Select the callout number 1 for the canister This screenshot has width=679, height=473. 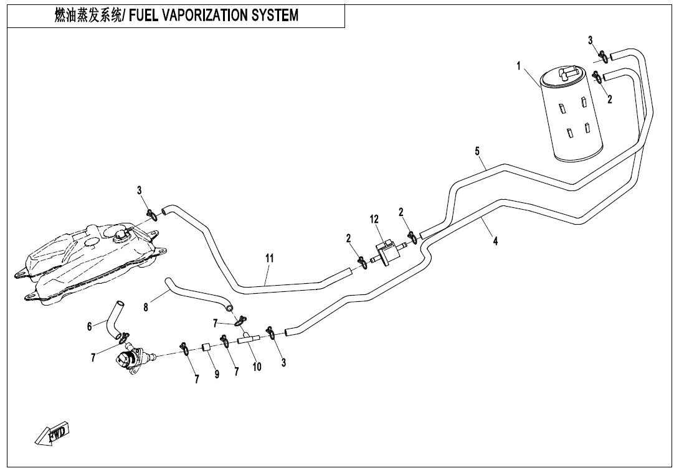pyautogui.click(x=519, y=67)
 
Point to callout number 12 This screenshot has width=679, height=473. pyautogui.click(x=374, y=219)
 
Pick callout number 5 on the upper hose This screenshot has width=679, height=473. pyautogui.click(x=477, y=151)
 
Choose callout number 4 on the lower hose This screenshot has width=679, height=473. pyautogui.click(x=495, y=241)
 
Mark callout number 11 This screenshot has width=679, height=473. pyautogui.click(x=269, y=258)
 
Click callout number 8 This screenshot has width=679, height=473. pyautogui.click(x=146, y=307)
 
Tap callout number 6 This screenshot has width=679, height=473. pyautogui.click(x=90, y=326)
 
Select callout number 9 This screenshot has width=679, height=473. pyautogui.click(x=217, y=375)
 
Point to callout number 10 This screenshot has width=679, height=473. pyautogui.click(x=257, y=367)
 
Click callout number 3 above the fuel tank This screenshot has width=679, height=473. pyautogui.click(x=140, y=190)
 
